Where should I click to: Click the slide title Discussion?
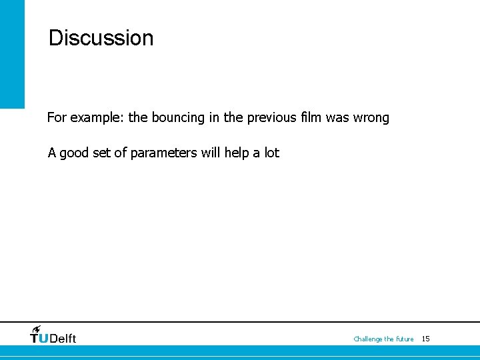pyautogui.click(x=101, y=38)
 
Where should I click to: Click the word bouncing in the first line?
pyautogui.click(x=179, y=118)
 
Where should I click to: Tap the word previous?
pyautogui.click(x=271, y=118)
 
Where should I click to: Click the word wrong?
pyautogui.click(x=371, y=118)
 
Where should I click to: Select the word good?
pyautogui.click(x=75, y=153)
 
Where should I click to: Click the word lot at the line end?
pyautogui.click(x=271, y=153)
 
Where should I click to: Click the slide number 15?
pyautogui.click(x=426, y=339)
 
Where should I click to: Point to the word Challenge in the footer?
pyautogui.click(x=368, y=339)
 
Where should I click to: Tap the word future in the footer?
pyautogui.click(x=405, y=339)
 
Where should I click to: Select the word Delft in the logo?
pyautogui.click(x=63, y=339)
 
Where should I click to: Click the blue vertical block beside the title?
pyautogui.click(x=12, y=53)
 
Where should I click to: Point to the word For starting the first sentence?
pyautogui.click(x=57, y=118)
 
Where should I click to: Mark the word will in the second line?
pyautogui.click(x=210, y=153)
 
